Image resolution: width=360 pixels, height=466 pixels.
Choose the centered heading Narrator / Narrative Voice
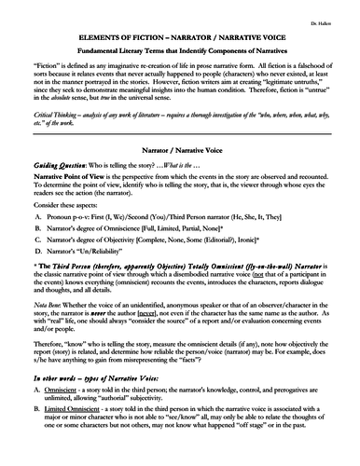pos(180,174)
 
